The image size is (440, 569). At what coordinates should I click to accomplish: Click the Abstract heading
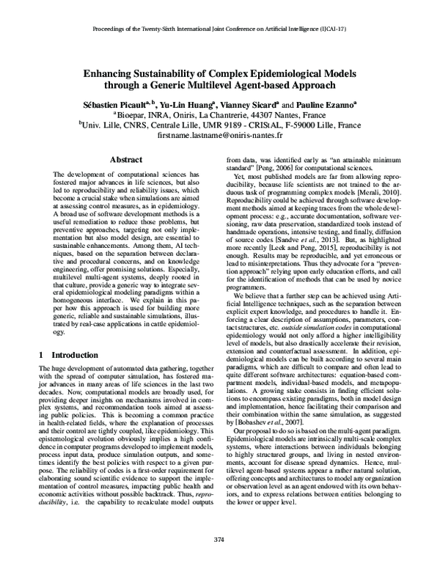point(125,159)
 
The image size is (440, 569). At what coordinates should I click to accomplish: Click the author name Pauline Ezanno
point(323,105)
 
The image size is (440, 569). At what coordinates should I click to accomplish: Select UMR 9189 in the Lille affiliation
point(219,125)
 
